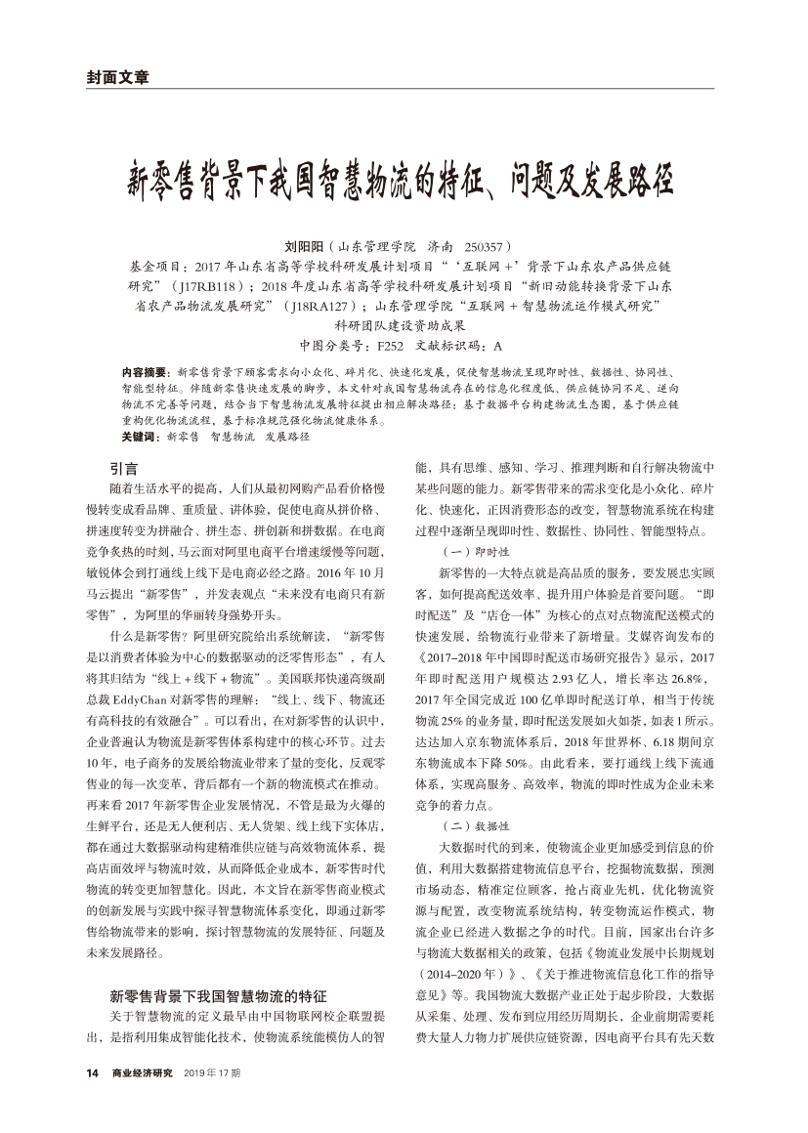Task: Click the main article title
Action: coord(403,180)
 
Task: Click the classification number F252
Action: coord(390,345)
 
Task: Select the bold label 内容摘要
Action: coord(144,373)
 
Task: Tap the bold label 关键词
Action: coord(139,436)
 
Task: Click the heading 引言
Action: coord(123,468)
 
